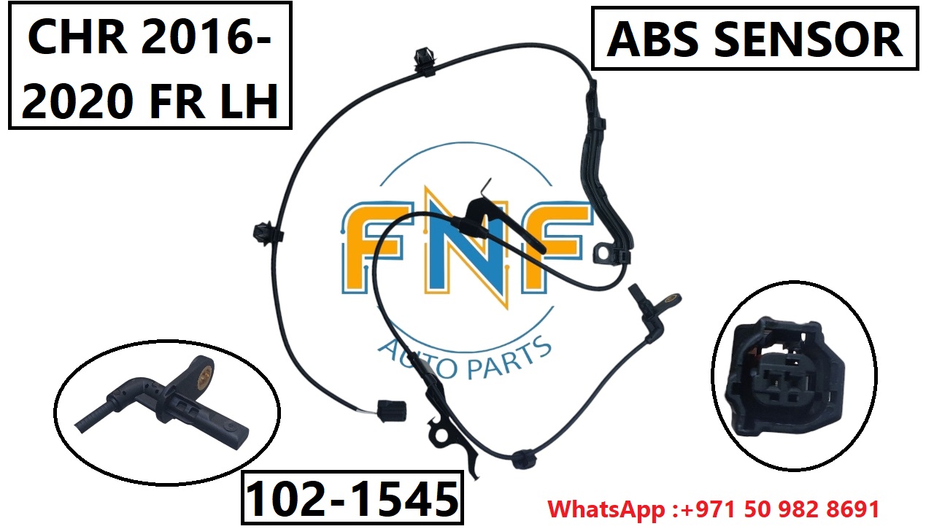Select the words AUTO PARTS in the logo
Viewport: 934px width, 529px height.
coord(464,355)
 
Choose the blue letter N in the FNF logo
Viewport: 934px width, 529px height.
coord(467,248)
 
